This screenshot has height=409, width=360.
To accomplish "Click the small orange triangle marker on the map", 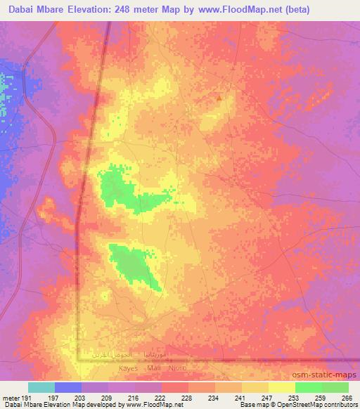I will [x=219, y=98].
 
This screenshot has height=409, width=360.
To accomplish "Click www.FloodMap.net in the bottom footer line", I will [x=145, y=405].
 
